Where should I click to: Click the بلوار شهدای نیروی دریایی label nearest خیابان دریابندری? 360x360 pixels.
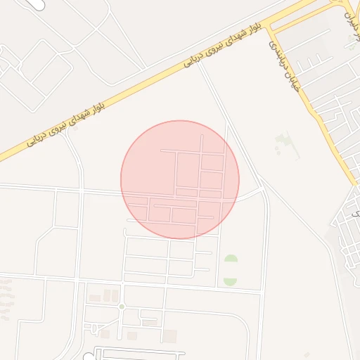[224, 44]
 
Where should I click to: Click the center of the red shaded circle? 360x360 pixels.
[180, 179]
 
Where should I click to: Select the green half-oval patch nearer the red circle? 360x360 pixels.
[230, 259]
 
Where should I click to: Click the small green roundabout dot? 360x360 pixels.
[121, 307]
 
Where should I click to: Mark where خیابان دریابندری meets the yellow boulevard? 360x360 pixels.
[271, 29]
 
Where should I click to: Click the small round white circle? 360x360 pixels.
[88, 357]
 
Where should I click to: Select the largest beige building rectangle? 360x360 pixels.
[169, 335]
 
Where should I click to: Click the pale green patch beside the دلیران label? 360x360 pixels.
[351, 42]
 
